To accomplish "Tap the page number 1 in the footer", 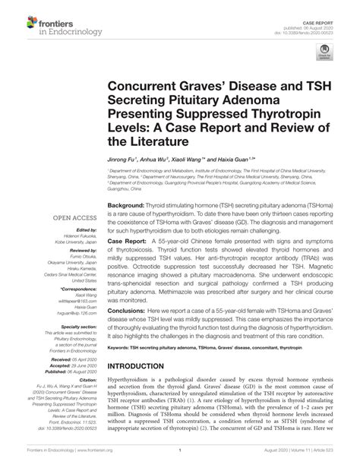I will click(x=180, y=461).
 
